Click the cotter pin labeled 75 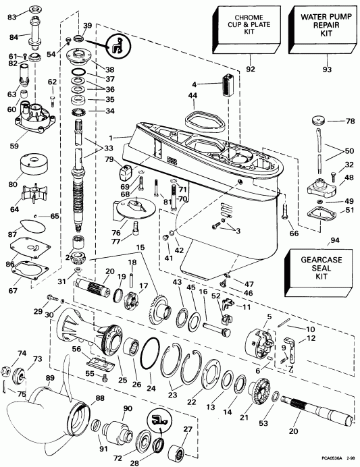tap(6, 386)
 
